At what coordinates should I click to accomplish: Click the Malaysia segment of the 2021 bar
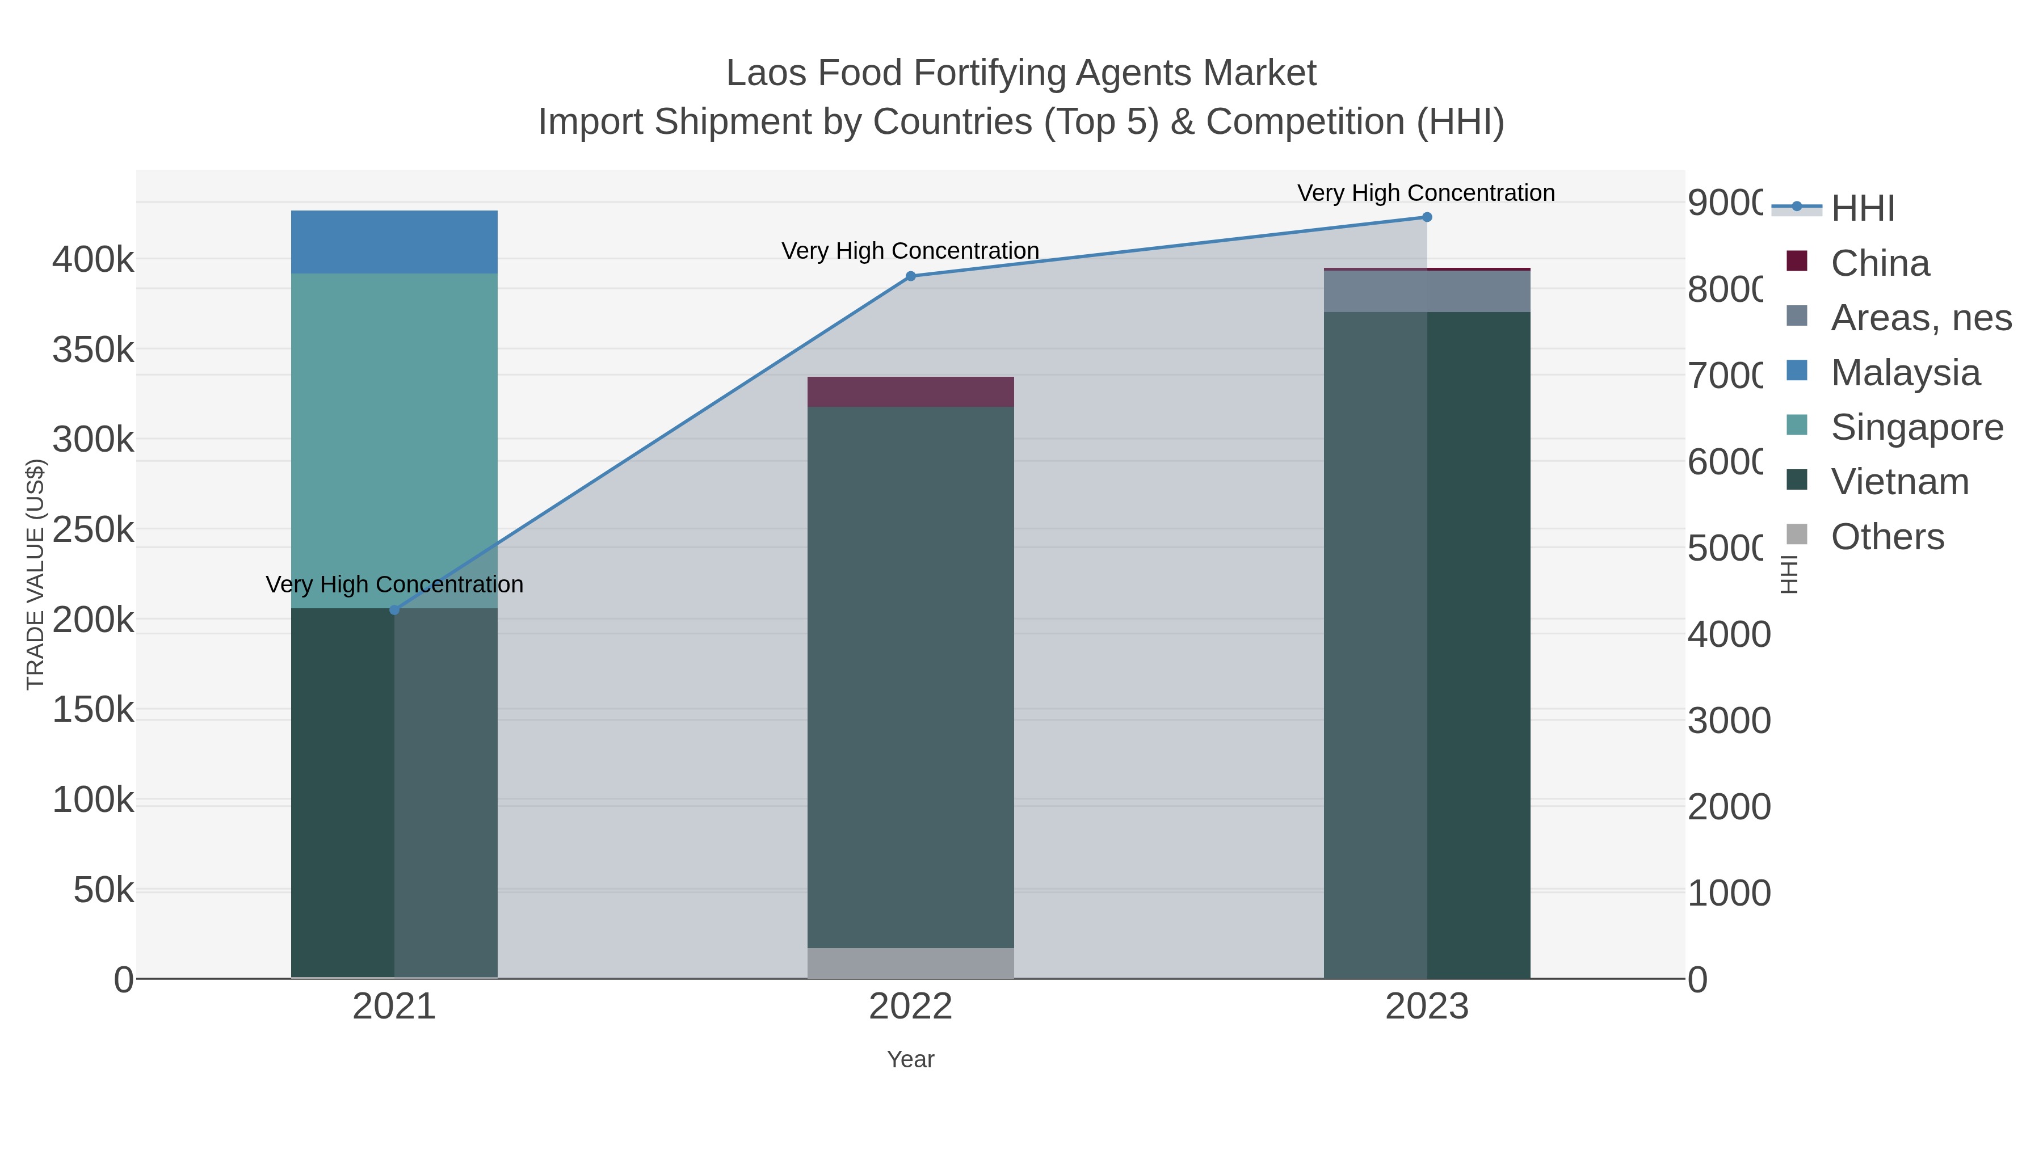click(x=394, y=242)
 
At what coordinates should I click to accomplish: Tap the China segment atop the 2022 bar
click(x=910, y=392)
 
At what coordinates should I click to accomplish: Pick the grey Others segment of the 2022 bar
click(x=910, y=963)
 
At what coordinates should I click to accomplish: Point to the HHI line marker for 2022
click(x=910, y=276)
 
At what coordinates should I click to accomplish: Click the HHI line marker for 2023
click(x=1427, y=217)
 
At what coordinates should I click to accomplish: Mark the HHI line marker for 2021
click(x=394, y=610)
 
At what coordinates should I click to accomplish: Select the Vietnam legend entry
click(x=1899, y=481)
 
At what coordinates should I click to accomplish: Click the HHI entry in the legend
click(x=1862, y=208)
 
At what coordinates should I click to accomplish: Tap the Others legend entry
click(x=1887, y=537)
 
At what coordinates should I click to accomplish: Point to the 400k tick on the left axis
click(x=93, y=259)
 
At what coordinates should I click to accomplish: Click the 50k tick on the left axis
click(x=103, y=890)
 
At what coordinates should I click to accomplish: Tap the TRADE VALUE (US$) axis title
click(x=36, y=574)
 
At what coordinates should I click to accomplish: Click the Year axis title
click(x=910, y=1059)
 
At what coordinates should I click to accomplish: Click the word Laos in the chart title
click(x=766, y=73)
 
